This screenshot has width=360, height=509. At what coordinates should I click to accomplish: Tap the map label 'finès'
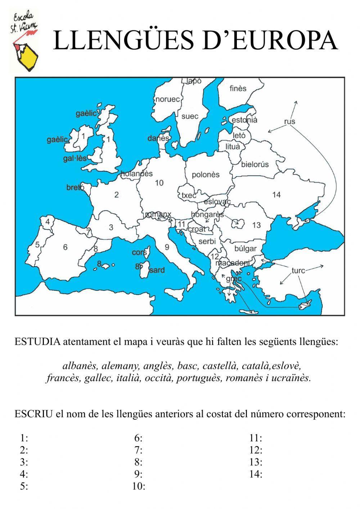point(238,88)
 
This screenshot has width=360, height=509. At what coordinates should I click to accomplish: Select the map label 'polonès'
point(206,175)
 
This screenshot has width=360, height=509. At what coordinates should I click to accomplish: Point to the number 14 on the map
point(276,195)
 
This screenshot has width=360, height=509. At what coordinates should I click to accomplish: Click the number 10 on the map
point(159,183)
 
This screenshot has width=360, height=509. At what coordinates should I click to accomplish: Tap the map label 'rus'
point(289,121)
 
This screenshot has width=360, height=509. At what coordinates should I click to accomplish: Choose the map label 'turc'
point(298,270)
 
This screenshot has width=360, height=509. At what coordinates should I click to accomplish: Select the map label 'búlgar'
point(246,249)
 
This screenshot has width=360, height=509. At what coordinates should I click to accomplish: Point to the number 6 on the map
point(65,247)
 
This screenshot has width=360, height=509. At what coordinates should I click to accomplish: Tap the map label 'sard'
point(157,270)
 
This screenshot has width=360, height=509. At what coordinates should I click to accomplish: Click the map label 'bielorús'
point(255,165)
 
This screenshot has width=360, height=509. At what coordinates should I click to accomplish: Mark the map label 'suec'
point(190,116)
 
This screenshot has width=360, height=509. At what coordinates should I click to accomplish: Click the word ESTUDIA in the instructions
point(37,341)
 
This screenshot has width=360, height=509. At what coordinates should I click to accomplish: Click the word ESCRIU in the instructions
point(34,414)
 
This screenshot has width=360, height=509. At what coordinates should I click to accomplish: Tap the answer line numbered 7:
point(139,450)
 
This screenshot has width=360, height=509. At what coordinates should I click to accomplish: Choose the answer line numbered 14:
point(256,474)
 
